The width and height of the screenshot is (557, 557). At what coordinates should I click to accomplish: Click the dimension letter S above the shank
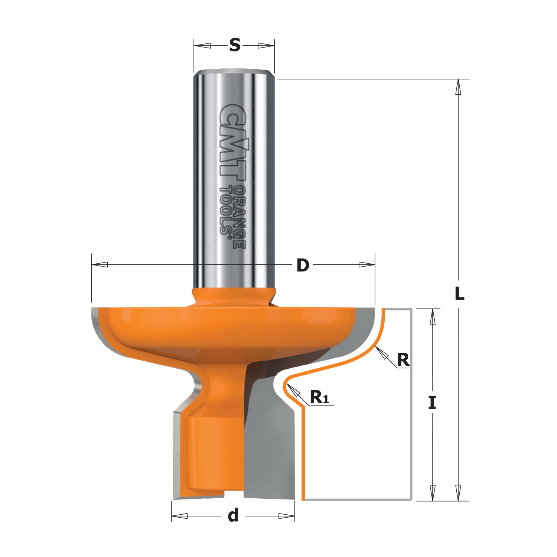[x=235, y=45]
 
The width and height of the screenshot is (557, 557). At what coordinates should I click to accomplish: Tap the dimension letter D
[x=303, y=265]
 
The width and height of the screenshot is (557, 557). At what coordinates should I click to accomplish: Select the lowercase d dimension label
[x=233, y=515]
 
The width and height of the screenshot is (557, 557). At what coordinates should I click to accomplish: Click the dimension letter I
[x=432, y=403]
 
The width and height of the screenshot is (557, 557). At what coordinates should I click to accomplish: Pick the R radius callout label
[x=403, y=359]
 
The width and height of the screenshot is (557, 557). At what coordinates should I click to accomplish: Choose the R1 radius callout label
[x=319, y=397]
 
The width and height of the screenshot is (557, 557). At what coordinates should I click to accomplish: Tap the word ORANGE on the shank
[x=240, y=217]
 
